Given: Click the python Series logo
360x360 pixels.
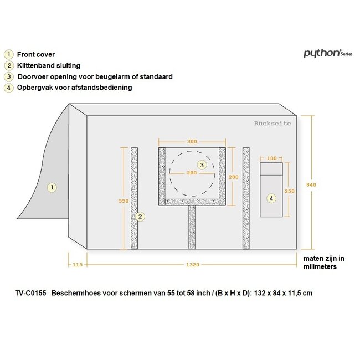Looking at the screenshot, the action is (328, 53).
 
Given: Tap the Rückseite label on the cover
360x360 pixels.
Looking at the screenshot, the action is (272, 124).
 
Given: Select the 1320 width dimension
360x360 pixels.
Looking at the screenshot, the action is (193, 265).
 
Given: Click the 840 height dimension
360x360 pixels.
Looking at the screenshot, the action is (311, 184).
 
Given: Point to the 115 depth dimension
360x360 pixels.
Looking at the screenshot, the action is (78, 265).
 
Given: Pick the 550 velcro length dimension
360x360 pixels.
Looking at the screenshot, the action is (124, 201).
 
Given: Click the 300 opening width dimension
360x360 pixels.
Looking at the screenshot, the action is (192, 142).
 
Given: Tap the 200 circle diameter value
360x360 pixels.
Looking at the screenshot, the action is (192, 173).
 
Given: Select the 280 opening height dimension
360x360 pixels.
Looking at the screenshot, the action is (234, 177).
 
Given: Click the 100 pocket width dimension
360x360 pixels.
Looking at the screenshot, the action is (271, 158).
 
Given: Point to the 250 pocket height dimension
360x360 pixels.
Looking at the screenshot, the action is (290, 191).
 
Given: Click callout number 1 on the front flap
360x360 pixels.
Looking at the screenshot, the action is (52, 187).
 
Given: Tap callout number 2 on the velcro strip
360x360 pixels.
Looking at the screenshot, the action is (140, 216).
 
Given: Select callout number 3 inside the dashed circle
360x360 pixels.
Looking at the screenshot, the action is (202, 165).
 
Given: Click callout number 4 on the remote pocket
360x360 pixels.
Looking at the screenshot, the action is (271, 198).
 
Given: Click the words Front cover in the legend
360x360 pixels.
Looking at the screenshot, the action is (36, 54).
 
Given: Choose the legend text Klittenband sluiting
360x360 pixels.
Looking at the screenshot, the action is (49, 66).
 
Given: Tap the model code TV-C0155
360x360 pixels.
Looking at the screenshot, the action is (31, 293).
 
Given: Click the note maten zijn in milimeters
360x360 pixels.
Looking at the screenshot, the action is (324, 263).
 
